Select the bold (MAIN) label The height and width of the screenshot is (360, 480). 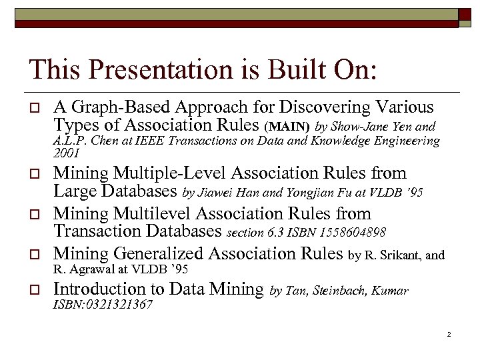287,125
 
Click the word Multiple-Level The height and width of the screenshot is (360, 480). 170,173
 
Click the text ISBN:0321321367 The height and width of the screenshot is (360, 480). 103,305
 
